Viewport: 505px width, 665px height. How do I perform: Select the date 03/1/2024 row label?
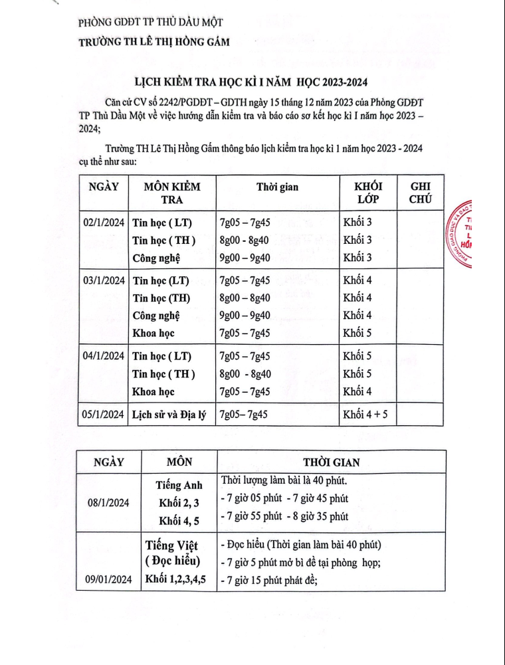point(104,280)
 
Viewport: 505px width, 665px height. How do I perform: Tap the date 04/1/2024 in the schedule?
point(104,356)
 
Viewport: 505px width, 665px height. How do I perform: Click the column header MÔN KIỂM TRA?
point(172,193)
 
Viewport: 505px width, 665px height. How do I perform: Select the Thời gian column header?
point(278,187)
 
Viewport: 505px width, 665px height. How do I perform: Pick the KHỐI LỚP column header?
point(364,193)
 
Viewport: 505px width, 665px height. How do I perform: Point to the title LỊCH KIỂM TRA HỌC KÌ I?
point(251,83)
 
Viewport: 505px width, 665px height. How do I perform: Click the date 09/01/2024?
point(108,580)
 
